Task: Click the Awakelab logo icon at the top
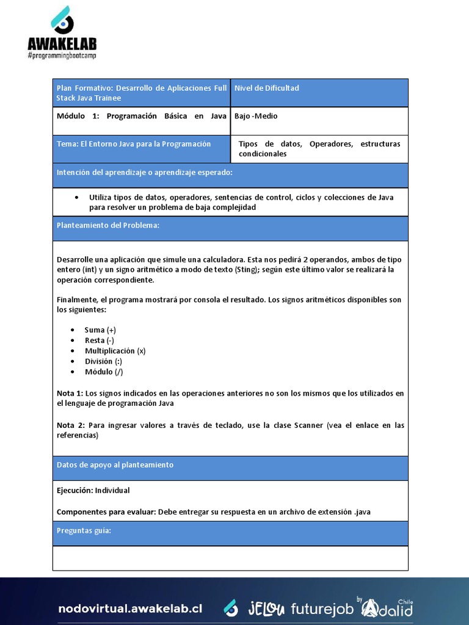click(x=62, y=20)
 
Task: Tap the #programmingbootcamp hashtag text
click(x=62, y=56)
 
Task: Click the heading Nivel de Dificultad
click(x=267, y=88)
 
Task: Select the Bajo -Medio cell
click(x=256, y=116)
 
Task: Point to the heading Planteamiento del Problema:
click(x=108, y=225)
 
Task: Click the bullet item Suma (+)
click(x=100, y=330)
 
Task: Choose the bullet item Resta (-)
click(x=100, y=340)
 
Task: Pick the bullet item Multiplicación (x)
click(x=115, y=351)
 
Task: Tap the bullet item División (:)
click(x=103, y=361)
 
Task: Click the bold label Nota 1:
click(x=70, y=394)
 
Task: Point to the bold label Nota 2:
click(x=70, y=425)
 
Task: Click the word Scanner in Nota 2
click(x=308, y=425)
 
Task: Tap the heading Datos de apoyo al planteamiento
click(x=115, y=465)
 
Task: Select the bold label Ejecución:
click(x=75, y=490)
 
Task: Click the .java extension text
click(x=362, y=512)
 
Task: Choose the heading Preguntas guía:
click(x=84, y=530)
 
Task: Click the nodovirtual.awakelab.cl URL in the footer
click(x=130, y=609)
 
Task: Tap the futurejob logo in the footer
click(x=322, y=609)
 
